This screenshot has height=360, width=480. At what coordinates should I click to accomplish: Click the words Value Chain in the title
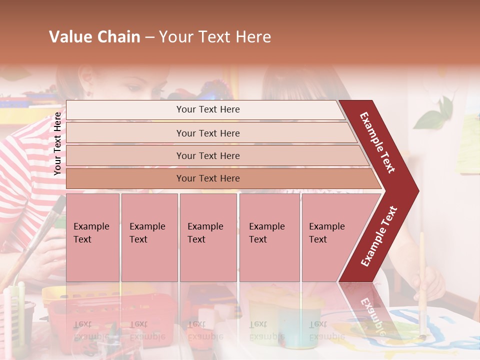pos(94,37)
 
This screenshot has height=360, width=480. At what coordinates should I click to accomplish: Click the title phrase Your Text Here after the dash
pos(215,37)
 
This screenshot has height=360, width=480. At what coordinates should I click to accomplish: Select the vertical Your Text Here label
pos(57,143)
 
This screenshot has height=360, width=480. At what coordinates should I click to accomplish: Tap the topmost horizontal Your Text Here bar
pos(208,109)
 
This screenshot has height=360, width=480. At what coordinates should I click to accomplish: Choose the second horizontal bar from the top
pos(208,133)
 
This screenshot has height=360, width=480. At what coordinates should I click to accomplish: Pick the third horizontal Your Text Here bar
pos(208,155)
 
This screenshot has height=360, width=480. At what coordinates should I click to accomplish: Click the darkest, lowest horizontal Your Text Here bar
pos(208,178)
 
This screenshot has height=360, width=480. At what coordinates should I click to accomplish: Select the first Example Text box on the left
pos(92,237)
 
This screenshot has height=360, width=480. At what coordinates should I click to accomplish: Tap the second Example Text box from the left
pos(149,237)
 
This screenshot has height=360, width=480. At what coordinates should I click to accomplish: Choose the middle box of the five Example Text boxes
pos(208,237)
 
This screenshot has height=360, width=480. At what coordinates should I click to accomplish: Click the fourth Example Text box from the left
pos(269,237)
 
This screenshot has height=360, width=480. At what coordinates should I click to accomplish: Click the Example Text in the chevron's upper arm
pos(377,142)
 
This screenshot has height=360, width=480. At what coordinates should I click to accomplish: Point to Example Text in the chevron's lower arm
pos(378,236)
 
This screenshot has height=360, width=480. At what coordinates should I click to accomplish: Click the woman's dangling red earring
pos(89,92)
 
